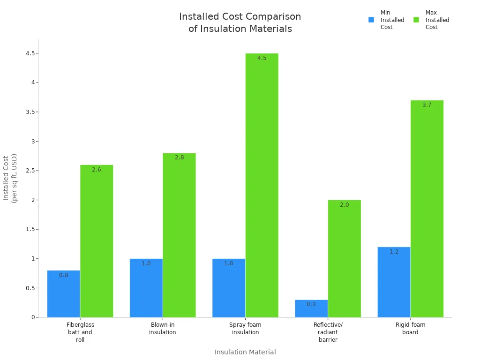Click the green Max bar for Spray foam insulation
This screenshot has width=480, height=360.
pyautogui.click(x=262, y=187)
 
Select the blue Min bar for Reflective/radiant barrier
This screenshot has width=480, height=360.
pyautogui.click(x=311, y=309)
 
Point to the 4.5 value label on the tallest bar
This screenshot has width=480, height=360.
pyautogui.click(x=262, y=58)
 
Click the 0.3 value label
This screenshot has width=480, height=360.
pyautogui.click(x=311, y=304)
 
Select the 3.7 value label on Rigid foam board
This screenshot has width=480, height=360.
pyautogui.click(x=427, y=105)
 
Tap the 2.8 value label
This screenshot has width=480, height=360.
pyautogui.click(x=179, y=157)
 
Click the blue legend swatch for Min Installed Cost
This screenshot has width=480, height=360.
pyautogui.click(x=371, y=20)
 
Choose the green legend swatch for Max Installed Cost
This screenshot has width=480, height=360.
pyautogui.click(x=416, y=20)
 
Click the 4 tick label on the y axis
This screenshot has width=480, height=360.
pyautogui.click(x=32, y=82)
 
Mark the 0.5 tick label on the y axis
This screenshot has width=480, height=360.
pyautogui.click(x=30, y=288)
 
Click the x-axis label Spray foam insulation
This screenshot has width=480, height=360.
pyautogui.click(x=245, y=329)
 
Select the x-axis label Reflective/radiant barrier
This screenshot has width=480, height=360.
pyautogui.click(x=328, y=332)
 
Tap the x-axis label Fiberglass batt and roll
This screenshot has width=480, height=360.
pyautogui.click(x=80, y=332)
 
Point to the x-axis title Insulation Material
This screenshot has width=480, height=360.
pyautogui.click(x=245, y=352)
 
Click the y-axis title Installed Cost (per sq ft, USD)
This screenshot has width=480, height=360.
pyautogui.click(x=10, y=178)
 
